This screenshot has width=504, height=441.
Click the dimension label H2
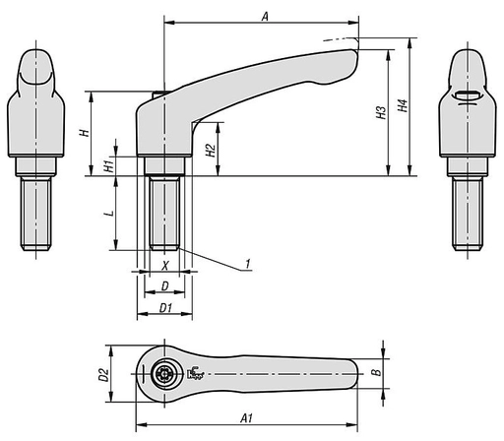click(209, 149)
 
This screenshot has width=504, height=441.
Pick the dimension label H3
click(381, 115)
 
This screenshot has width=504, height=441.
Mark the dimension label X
click(164, 266)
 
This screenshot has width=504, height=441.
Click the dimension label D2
click(102, 374)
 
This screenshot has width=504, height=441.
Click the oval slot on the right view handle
click(470, 94)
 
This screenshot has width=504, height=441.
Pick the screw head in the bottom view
click(163, 375)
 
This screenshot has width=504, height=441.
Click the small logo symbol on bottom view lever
click(194, 373)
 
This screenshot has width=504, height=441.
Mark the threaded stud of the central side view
click(163, 212)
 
